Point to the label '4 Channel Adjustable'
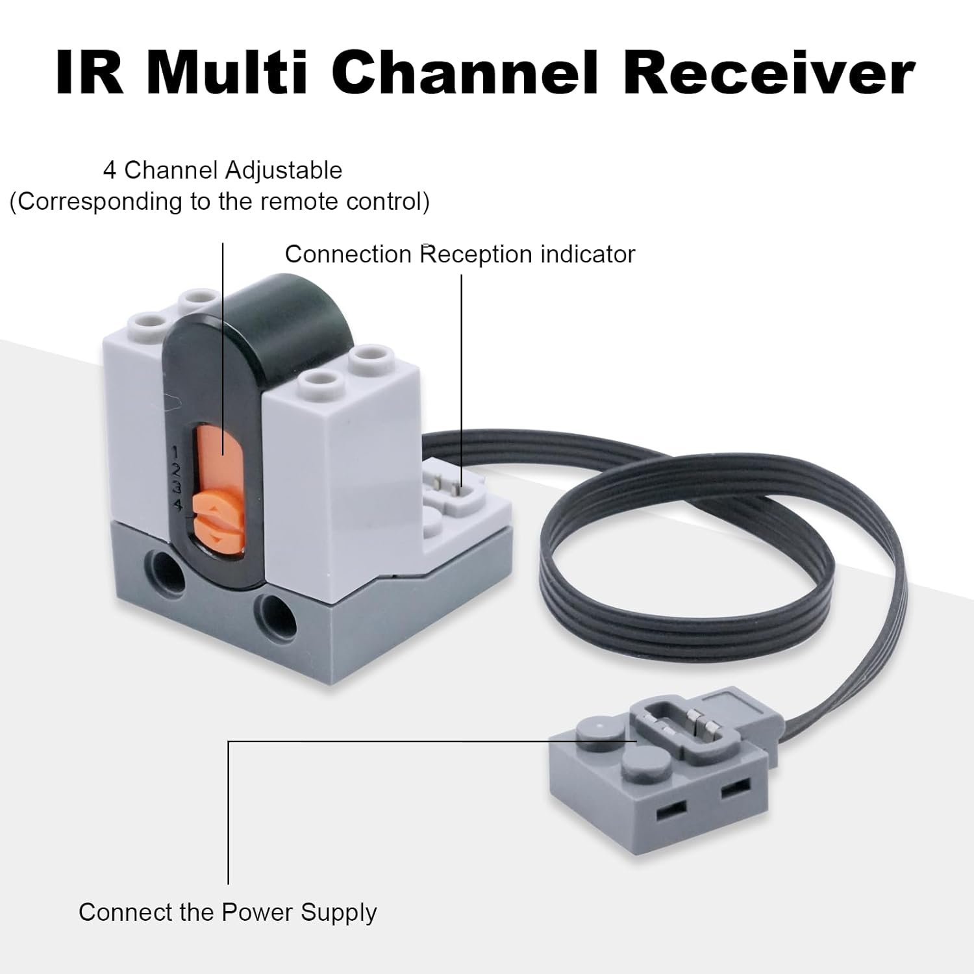[x=223, y=170]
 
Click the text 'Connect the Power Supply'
[x=228, y=912]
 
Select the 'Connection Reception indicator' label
[x=460, y=254]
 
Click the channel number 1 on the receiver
[x=176, y=451]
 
